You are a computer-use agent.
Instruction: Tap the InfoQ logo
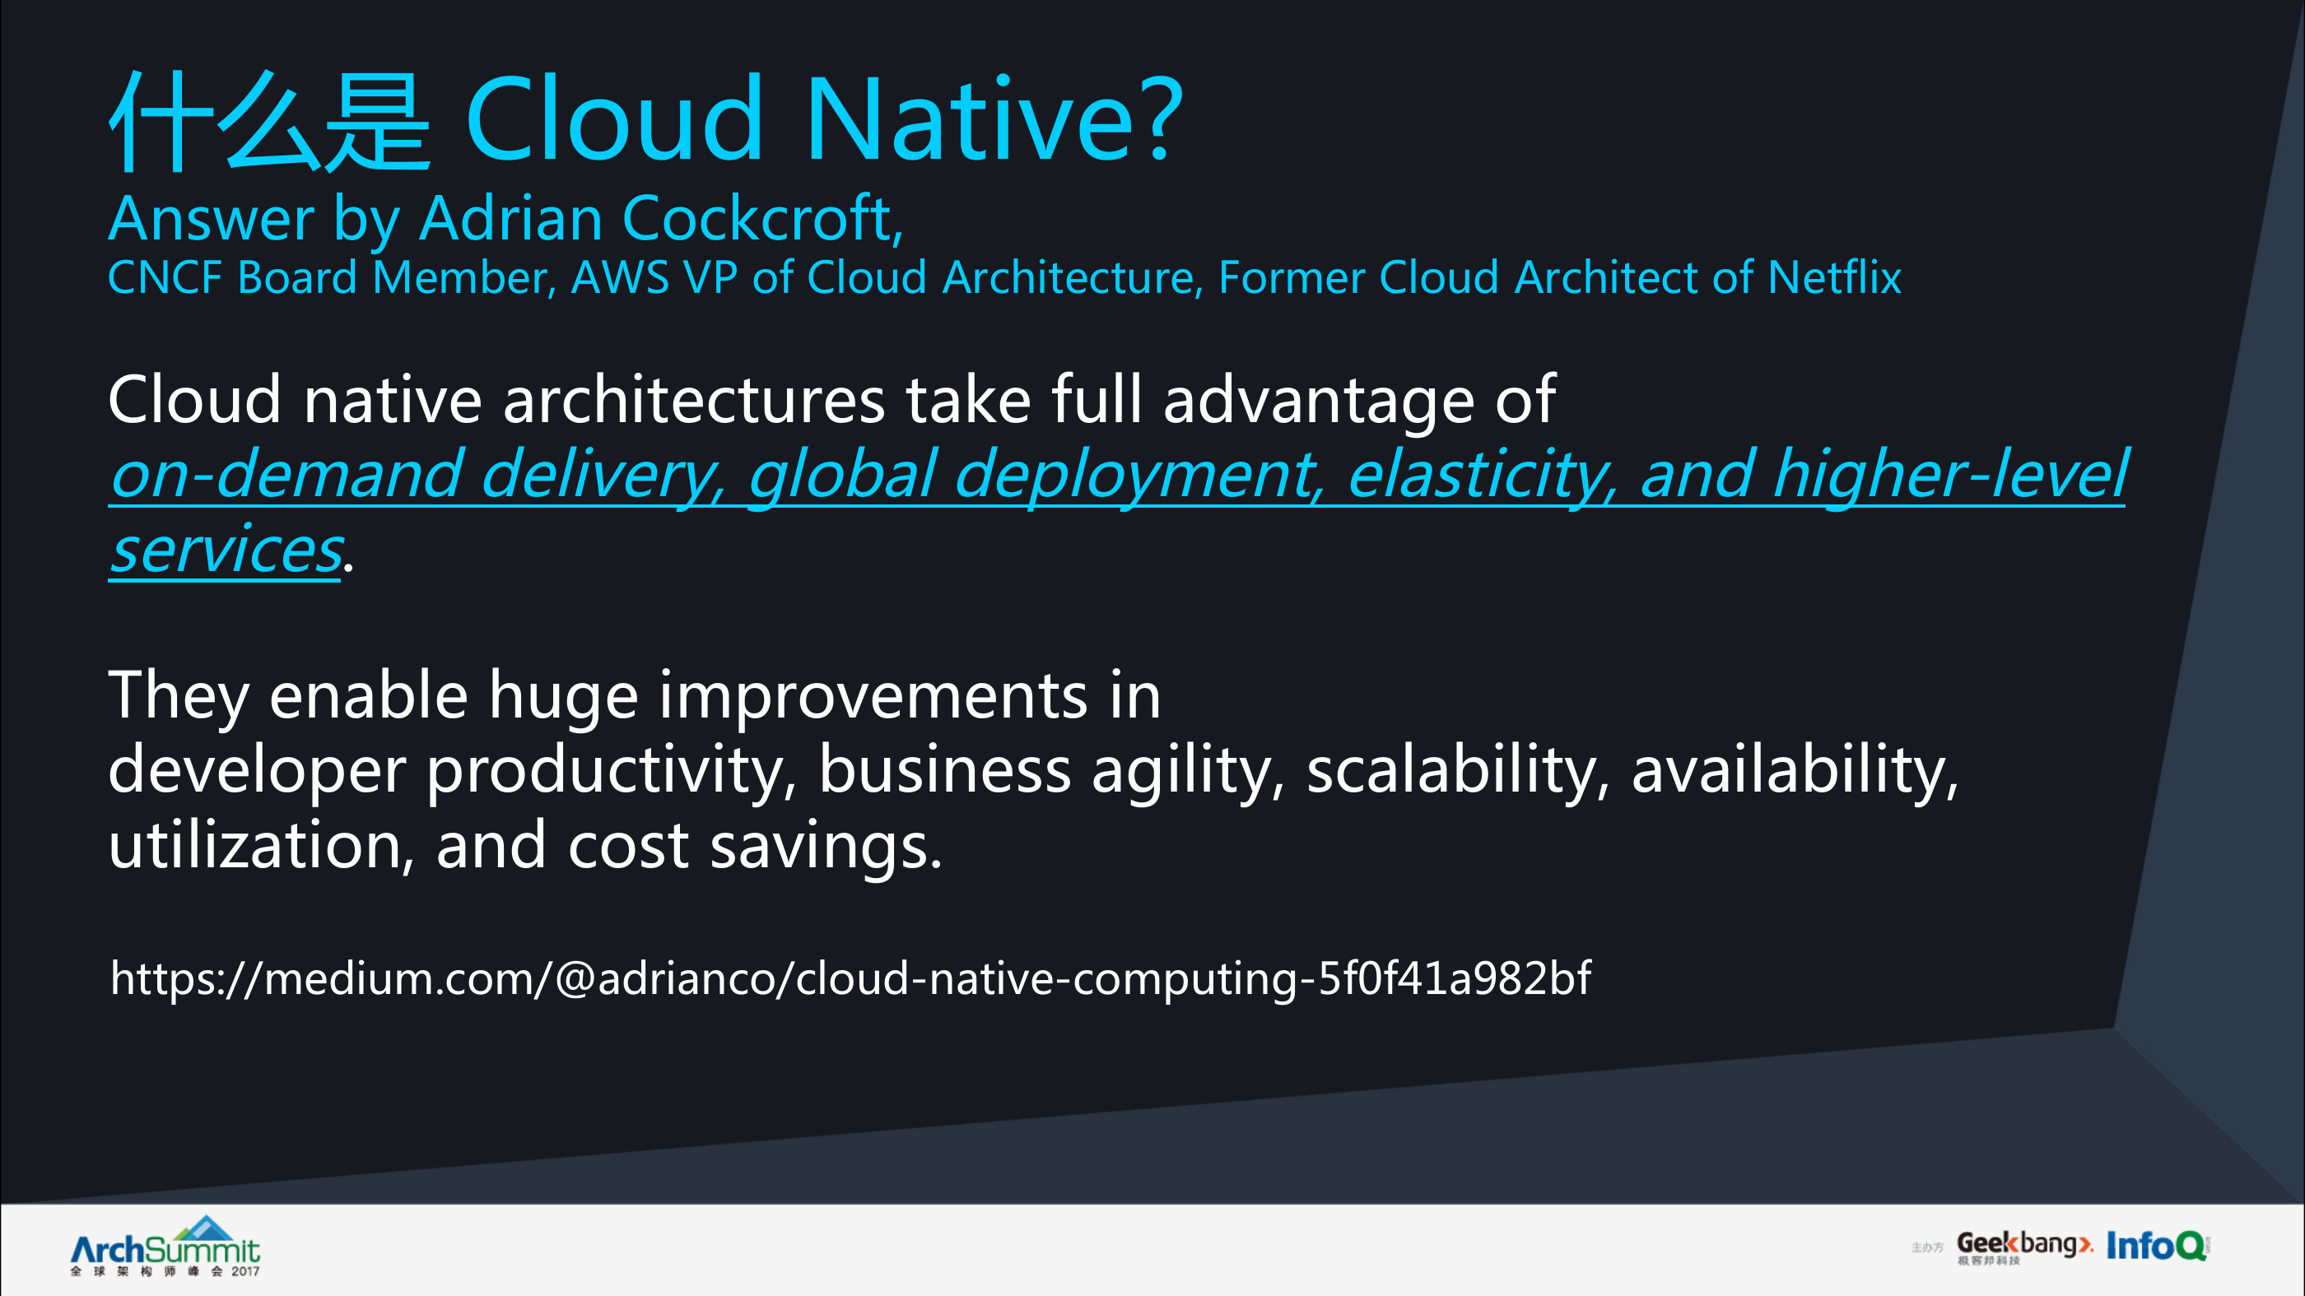pyautogui.click(x=2158, y=1245)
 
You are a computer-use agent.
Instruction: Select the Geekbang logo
pyautogui.click(x=2024, y=1247)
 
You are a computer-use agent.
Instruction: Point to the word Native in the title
pyautogui.click(x=971, y=120)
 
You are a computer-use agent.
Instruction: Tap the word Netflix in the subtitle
pyautogui.click(x=1834, y=277)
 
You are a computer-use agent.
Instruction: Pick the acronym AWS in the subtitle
pyautogui.click(x=620, y=277)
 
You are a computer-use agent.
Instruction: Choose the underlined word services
pyautogui.click(x=226, y=550)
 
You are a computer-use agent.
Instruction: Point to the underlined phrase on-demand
pyautogui.click(x=286, y=473)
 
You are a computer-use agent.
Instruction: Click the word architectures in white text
pyautogui.click(x=694, y=400)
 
